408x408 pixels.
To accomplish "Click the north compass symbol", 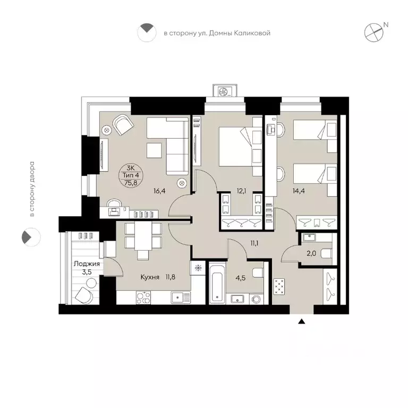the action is click(374, 32).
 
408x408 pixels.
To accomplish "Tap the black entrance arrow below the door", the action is click(302, 321).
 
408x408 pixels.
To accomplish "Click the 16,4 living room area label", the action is click(159, 191).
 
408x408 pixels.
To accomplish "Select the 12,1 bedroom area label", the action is click(242, 191).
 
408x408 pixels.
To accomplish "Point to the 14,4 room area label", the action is click(299, 191).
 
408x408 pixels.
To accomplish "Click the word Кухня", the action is click(150, 277).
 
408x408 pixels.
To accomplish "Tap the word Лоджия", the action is click(87, 264).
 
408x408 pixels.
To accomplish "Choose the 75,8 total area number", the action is click(131, 183).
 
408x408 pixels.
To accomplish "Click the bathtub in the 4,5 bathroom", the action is click(217, 283).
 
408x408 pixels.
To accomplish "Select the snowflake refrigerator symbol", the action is click(198, 268).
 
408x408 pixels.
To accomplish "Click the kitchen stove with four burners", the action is click(143, 297).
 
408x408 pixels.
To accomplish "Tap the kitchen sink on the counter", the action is click(181, 297).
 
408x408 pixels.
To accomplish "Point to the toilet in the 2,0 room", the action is click(327, 253).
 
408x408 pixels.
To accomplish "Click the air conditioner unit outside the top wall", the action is click(225, 90).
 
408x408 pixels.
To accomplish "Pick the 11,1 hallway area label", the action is click(254, 243).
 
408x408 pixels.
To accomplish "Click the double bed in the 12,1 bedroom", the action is click(236, 146).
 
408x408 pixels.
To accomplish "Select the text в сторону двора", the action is click(32, 189).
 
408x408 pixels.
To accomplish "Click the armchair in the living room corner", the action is click(123, 125).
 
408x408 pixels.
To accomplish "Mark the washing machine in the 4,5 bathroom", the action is click(256, 299).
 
